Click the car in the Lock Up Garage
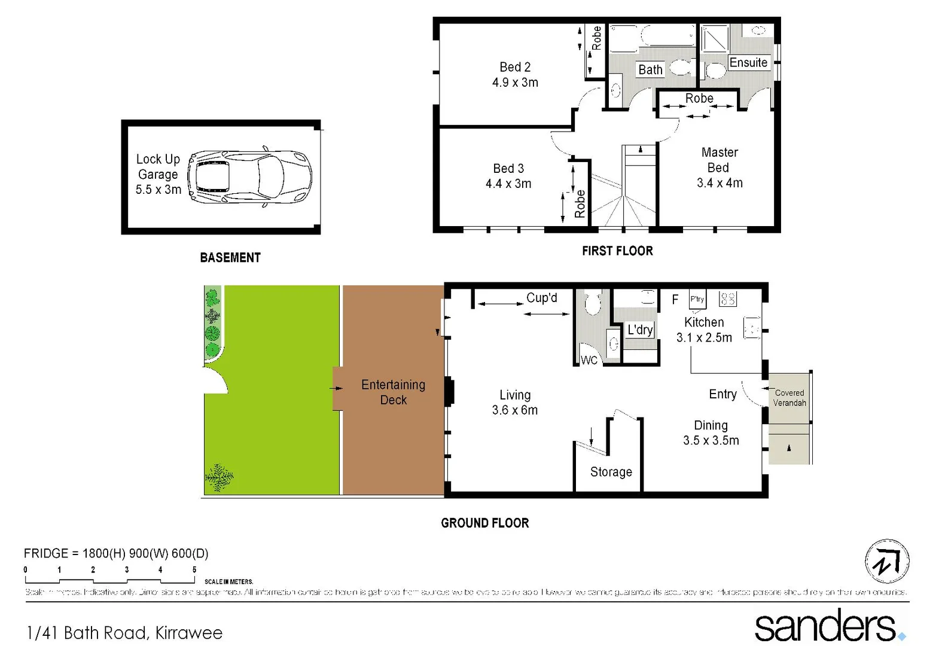(250, 178)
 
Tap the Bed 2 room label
(515, 75)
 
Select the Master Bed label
(720, 167)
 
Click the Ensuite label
(748, 63)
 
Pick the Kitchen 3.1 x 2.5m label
(704, 330)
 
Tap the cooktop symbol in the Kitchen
(728, 298)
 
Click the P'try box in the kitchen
(697, 299)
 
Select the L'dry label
(640, 330)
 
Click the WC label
(589, 360)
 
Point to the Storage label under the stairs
(611, 472)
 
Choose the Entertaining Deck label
(393, 392)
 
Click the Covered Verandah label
(789, 398)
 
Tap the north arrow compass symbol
(887, 562)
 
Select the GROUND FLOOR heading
(484, 523)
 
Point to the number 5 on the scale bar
(194, 569)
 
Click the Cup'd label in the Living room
(541, 298)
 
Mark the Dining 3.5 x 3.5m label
(711, 433)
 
